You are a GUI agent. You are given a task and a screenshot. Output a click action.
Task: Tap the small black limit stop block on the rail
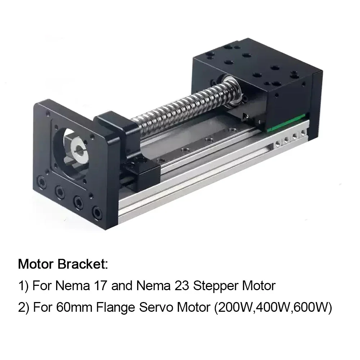tap(142, 169)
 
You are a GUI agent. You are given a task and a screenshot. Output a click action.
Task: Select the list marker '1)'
tap(23, 286)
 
